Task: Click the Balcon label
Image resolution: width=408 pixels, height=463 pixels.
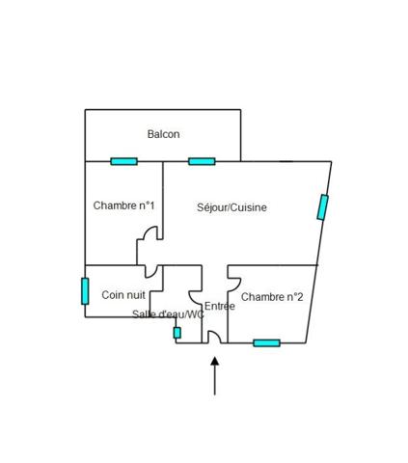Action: pos(163,134)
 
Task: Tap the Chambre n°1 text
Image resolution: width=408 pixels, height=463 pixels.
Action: pos(123,205)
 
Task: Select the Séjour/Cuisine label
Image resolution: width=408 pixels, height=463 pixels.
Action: pos(231,207)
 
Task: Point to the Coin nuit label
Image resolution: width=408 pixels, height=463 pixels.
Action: pos(123,295)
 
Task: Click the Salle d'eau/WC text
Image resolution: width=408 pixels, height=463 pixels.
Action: pos(168,314)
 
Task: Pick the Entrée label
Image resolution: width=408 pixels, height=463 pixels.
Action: pos(220,306)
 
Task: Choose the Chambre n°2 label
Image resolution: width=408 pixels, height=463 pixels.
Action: pos(272,297)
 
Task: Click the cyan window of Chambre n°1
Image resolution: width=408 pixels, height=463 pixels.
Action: pos(123,161)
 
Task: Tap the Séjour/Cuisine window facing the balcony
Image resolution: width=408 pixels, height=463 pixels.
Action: pos(202,161)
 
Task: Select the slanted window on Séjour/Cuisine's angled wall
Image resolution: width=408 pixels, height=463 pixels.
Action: pos(322,207)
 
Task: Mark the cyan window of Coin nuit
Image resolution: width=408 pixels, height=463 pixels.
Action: pos(85,291)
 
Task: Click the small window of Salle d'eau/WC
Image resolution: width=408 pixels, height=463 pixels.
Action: pos(177,333)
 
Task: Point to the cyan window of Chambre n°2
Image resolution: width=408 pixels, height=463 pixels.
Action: pos(266,343)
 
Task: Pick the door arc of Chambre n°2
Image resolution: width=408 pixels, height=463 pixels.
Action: pos(237,286)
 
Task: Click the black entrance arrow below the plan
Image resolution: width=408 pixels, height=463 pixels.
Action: pos(215,376)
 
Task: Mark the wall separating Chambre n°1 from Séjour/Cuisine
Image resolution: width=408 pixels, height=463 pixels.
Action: pos(163,201)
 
